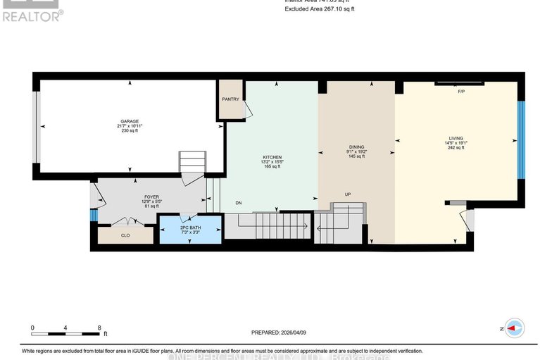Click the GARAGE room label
pyautogui.click(x=129, y=121)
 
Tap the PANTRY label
pyautogui.click(x=230, y=99)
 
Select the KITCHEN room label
pyautogui.click(x=272, y=157)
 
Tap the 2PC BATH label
pyautogui.click(x=190, y=228)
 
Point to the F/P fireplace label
pyautogui.click(x=461, y=92)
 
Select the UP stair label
pyautogui.click(x=347, y=194)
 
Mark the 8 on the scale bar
pyautogui.click(x=99, y=328)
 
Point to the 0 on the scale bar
pyautogui.click(x=32, y=328)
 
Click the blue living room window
pyautogui.click(x=522, y=139)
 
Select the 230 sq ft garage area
pyautogui.click(x=130, y=131)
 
